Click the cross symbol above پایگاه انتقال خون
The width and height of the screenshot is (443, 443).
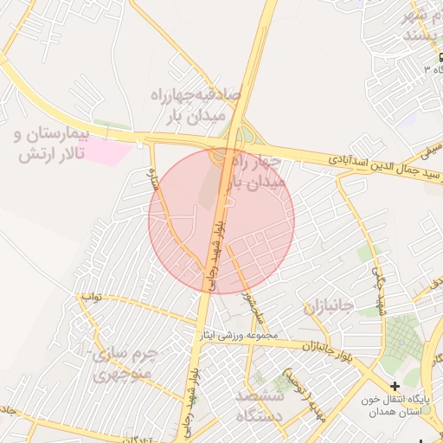395,386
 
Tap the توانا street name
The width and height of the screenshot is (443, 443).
93,298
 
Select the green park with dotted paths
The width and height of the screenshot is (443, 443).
399,337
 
